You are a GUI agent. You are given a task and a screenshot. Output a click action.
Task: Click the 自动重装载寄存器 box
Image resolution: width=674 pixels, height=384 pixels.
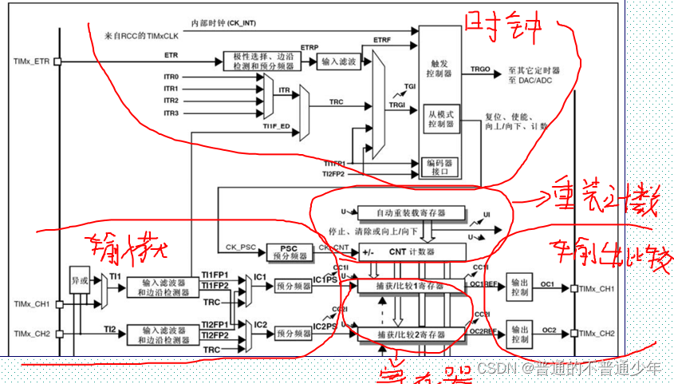tap(412, 213)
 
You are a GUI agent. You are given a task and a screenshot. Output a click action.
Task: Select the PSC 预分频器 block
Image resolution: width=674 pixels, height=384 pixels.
tap(289, 253)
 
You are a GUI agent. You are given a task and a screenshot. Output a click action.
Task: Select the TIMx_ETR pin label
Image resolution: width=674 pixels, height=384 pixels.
tap(32, 61)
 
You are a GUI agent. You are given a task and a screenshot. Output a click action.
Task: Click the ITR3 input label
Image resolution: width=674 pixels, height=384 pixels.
tap(171, 113)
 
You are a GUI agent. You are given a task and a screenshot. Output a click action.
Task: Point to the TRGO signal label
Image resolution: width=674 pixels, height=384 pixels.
tap(481, 69)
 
